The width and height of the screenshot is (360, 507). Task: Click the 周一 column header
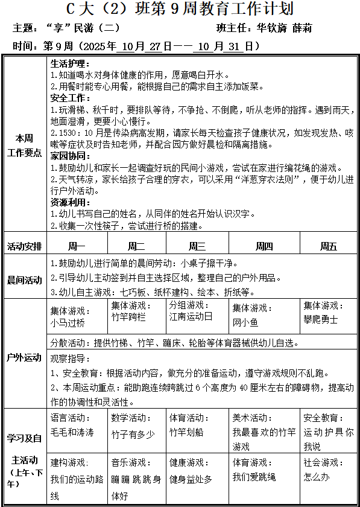[x=77, y=246]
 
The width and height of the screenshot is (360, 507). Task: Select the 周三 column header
[x=197, y=246]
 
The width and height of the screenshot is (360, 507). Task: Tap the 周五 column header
[x=328, y=246]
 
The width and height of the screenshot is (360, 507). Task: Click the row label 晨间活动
[x=25, y=280]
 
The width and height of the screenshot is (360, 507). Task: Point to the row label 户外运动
[x=25, y=357]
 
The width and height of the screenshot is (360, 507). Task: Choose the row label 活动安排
[x=25, y=246]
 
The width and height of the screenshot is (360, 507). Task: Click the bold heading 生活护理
[x=70, y=63]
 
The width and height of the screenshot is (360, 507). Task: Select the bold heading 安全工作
[x=70, y=98]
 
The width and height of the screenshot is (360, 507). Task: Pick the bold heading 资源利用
[x=70, y=202]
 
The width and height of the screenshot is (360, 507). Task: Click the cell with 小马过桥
[x=68, y=323]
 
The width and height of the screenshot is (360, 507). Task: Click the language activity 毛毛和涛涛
[x=72, y=432]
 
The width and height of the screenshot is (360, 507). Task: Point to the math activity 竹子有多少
[x=133, y=434]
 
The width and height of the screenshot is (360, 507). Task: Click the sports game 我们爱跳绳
[x=254, y=477]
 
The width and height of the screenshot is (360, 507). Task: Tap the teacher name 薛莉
[x=302, y=28]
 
